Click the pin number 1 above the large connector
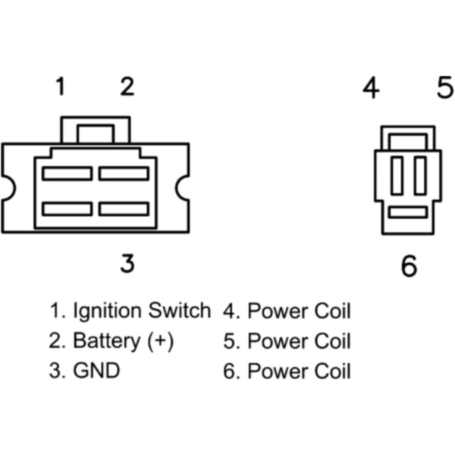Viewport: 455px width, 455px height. (x=59, y=87)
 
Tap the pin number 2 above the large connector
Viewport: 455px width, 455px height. (x=127, y=87)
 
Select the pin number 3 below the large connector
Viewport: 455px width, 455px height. (x=127, y=263)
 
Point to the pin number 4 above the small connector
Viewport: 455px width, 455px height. (x=370, y=88)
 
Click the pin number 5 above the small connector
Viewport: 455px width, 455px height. (x=445, y=88)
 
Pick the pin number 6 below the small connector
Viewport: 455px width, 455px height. (x=409, y=266)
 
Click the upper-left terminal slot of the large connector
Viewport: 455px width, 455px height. (x=67, y=174)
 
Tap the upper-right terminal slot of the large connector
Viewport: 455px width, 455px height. (x=124, y=174)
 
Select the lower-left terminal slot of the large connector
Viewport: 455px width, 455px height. (x=67, y=208)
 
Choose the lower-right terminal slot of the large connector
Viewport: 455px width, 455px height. (x=124, y=208)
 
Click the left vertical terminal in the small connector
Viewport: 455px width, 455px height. (x=397, y=175)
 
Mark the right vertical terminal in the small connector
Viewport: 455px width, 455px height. (x=420, y=175)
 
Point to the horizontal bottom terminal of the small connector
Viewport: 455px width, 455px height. (x=408, y=212)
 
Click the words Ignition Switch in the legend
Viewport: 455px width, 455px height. (x=141, y=310)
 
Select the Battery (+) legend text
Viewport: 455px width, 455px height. (x=123, y=341)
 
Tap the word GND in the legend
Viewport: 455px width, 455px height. (x=96, y=372)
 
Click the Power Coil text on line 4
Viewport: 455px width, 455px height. (x=299, y=310)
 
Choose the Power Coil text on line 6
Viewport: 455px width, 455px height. (x=299, y=372)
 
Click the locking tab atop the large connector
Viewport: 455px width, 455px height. (x=96, y=130)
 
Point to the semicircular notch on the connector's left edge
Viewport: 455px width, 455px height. (x=7, y=187)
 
